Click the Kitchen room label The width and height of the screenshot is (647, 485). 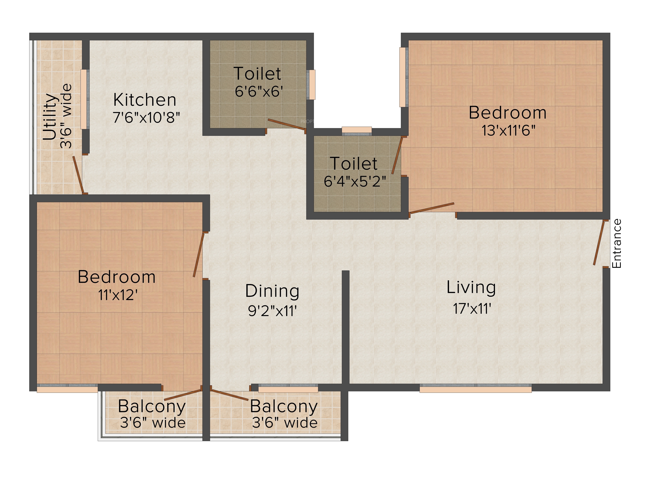click(145, 100)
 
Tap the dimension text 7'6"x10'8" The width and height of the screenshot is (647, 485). click(146, 118)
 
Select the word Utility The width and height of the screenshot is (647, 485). click(50, 117)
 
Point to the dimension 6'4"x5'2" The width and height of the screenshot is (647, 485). click(355, 181)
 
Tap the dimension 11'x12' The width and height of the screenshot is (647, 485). click(118, 295)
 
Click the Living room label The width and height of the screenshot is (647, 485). click(471, 288)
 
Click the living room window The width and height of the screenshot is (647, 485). click(476, 388)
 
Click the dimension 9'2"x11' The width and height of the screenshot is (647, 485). click(273, 311)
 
